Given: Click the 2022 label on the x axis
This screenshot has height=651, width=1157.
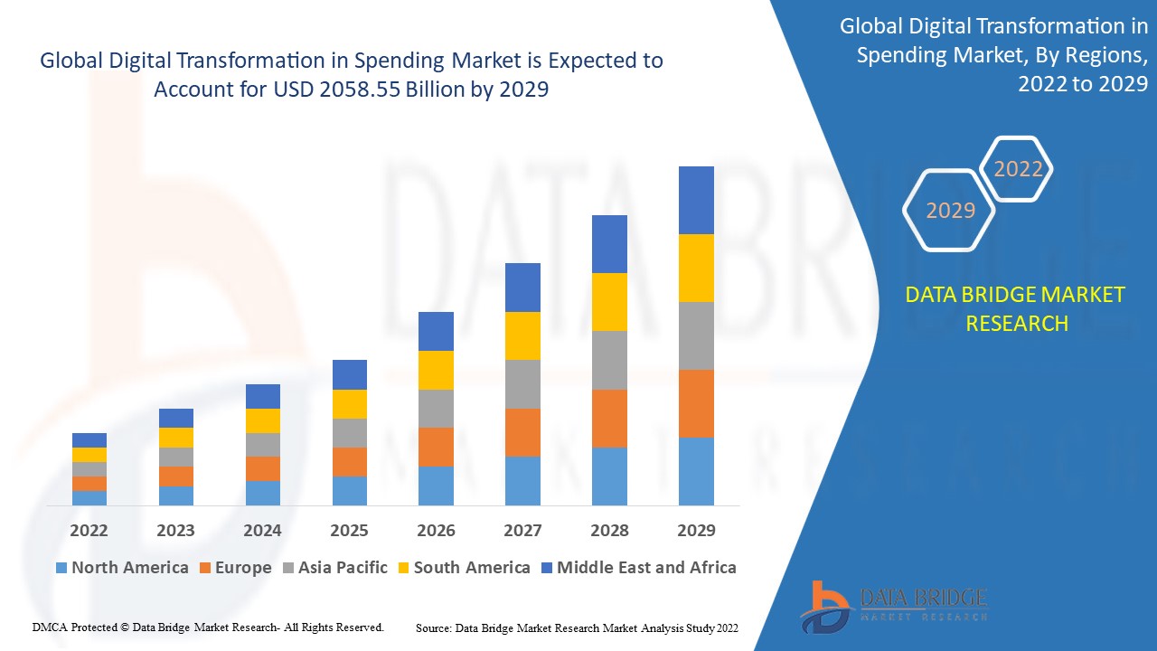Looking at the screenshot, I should click(x=89, y=530).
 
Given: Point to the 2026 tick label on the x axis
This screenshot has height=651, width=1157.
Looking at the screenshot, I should click(x=436, y=530).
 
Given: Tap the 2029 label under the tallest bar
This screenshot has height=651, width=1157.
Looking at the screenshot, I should click(x=696, y=530).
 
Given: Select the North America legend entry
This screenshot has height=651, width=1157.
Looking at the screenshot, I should click(x=122, y=568).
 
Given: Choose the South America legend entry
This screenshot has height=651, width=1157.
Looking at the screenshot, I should click(x=463, y=568).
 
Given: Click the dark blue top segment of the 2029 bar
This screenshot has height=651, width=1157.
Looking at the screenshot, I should click(x=696, y=200).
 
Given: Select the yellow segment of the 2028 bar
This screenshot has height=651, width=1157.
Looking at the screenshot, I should click(x=609, y=301).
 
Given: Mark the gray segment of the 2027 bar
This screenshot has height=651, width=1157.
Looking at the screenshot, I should click(x=522, y=384).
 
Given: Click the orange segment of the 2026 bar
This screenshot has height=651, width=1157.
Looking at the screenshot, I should click(x=436, y=447).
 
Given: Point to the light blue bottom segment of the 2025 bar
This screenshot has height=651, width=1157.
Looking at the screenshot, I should click(x=349, y=490).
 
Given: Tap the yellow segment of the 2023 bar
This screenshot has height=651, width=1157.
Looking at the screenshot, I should click(x=175, y=438).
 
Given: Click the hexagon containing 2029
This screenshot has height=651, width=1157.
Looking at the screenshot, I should click(x=950, y=210).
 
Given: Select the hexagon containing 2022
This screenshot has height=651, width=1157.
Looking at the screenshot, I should click(x=1018, y=169).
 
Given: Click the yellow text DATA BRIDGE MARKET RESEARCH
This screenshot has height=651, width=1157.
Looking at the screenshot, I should click(x=1016, y=308).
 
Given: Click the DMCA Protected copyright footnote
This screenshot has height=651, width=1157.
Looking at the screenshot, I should click(x=208, y=627).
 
